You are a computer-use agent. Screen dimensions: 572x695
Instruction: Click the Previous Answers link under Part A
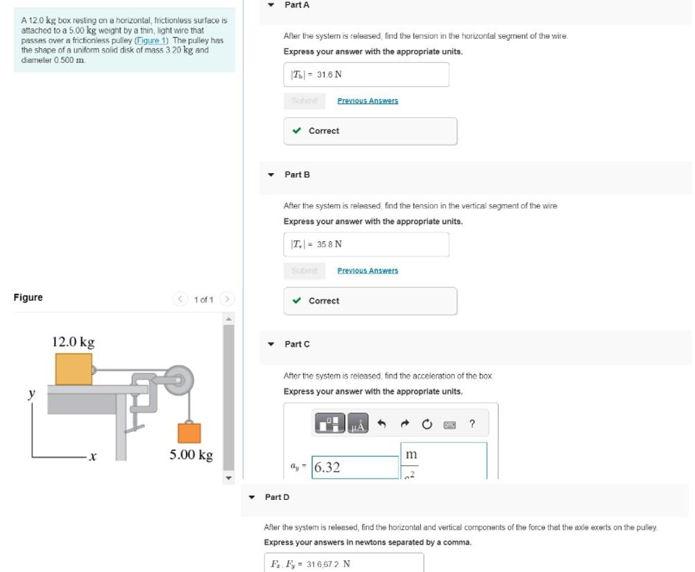(368, 101)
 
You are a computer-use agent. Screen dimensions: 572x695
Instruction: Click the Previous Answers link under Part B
(368, 271)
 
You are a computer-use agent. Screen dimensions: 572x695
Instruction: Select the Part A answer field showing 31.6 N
(365, 75)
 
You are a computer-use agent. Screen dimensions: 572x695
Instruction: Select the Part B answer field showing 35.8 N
(365, 244)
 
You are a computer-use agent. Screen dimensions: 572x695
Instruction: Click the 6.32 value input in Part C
(355, 467)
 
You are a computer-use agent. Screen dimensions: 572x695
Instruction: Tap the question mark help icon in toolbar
(472, 424)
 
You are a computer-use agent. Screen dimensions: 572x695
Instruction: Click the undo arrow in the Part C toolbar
(381, 424)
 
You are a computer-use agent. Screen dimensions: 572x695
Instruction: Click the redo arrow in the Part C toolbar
(406, 424)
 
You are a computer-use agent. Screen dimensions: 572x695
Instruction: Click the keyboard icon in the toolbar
(449, 424)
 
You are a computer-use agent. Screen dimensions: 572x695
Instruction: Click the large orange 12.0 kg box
(73, 369)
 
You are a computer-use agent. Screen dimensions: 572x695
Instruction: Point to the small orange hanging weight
(189, 433)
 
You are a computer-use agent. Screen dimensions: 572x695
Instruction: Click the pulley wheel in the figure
(180, 380)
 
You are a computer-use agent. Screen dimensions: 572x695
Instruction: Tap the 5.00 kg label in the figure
(191, 455)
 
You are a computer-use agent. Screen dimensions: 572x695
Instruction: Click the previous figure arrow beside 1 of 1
(180, 299)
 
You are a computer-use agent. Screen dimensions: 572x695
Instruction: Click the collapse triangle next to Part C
(271, 344)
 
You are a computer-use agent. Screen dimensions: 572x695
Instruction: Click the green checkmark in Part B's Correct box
(297, 301)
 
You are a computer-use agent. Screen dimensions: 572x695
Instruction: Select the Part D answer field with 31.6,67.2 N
(343, 563)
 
